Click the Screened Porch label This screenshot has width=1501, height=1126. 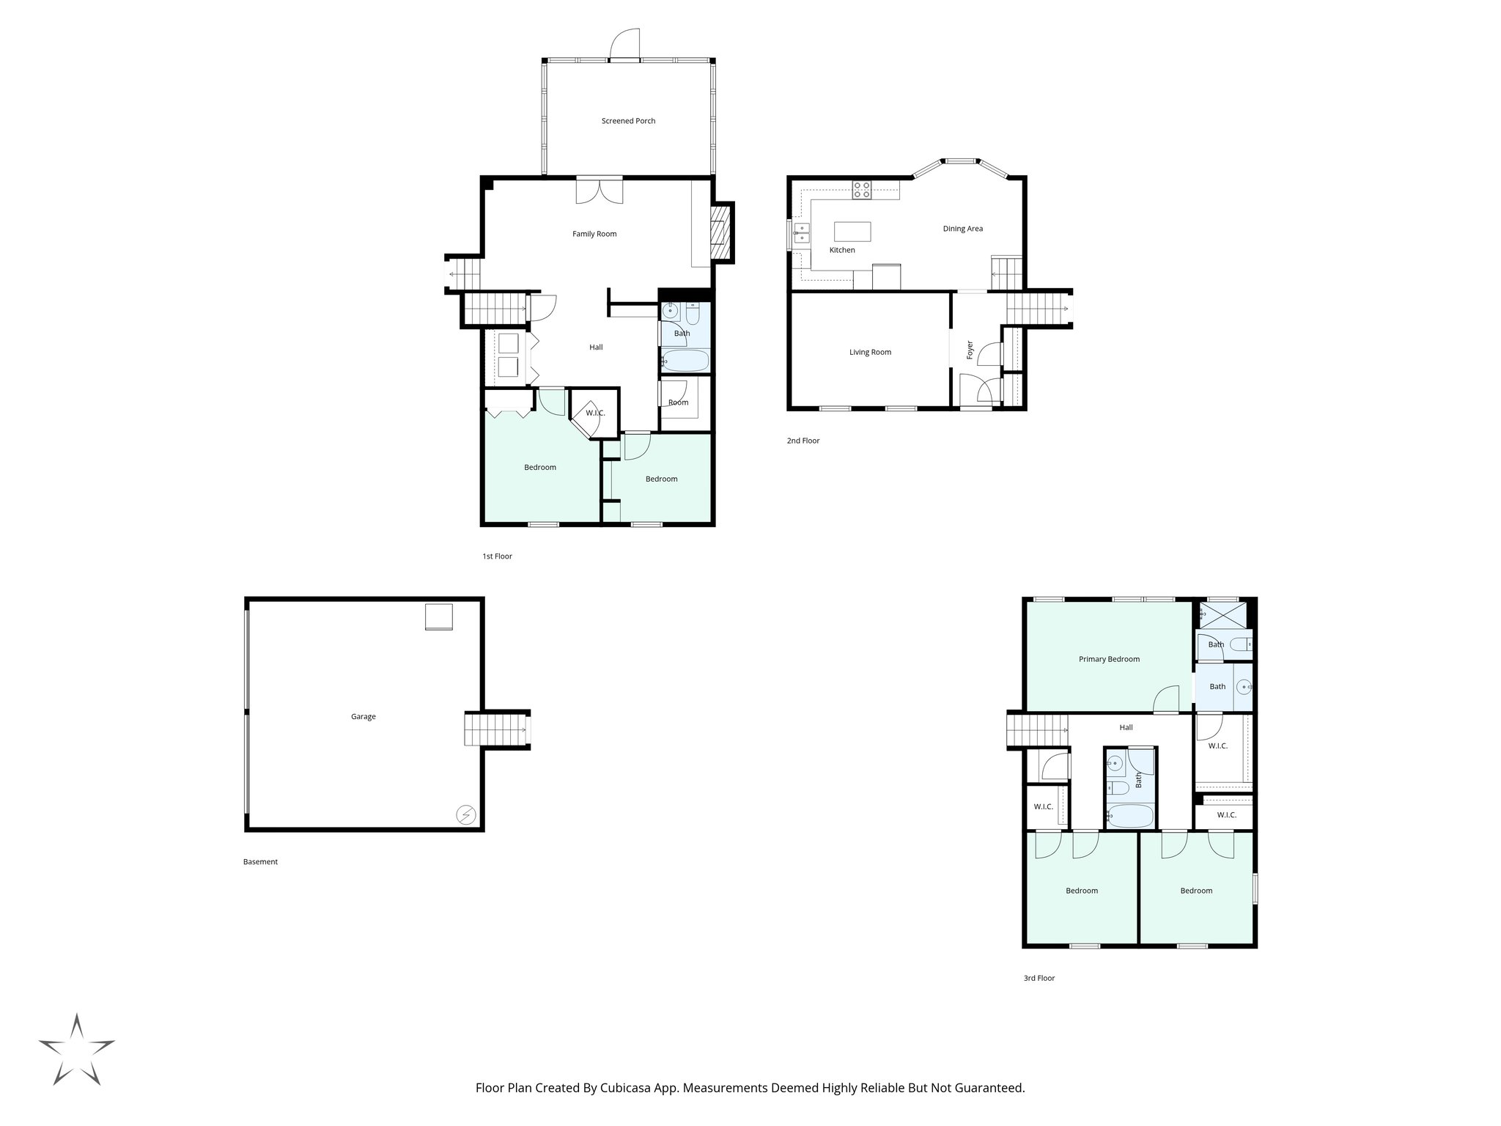point(628,121)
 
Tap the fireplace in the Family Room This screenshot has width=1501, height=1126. point(721,232)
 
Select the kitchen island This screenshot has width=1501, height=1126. point(852,232)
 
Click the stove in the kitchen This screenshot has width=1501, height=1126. point(861,191)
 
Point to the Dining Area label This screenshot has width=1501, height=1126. point(962,229)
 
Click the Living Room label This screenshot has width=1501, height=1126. point(870,352)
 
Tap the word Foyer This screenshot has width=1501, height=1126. point(970,350)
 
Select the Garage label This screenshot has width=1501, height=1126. point(363,717)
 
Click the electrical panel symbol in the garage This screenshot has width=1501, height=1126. point(465,814)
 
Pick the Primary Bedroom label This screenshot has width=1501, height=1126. point(1109,659)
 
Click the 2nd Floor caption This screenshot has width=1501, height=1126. point(803,441)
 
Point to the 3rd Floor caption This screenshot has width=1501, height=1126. point(1039,978)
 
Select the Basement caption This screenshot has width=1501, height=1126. point(260,862)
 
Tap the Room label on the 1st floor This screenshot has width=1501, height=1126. point(678,402)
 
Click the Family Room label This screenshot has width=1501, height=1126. point(594,234)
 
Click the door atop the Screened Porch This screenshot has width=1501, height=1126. point(625,45)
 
